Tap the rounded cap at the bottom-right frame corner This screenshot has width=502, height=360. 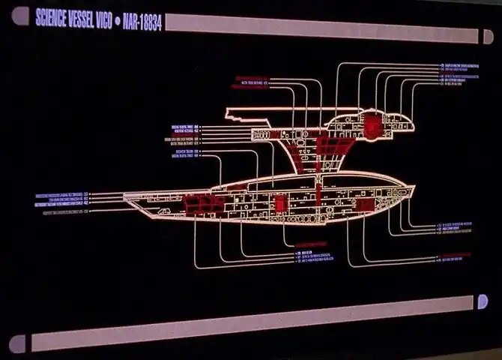pos(482,301)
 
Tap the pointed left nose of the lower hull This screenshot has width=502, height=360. pos(126,196)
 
